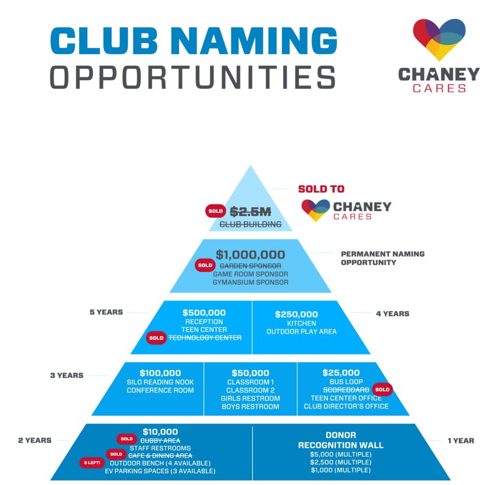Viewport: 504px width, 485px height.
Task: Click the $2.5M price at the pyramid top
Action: click(251, 212)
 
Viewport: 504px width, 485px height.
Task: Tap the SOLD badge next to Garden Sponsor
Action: click(205, 265)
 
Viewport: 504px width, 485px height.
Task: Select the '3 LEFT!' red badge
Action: click(92, 463)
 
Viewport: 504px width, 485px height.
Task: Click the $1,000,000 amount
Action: click(251, 255)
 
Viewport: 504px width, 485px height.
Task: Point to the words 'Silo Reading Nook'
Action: click(160, 382)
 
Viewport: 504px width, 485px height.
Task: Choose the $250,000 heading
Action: click(296, 314)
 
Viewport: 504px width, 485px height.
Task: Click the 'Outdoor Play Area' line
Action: click(301, 332)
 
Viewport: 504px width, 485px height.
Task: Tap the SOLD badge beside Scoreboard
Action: click(382, 389)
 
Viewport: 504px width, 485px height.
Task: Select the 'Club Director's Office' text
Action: click(346, 406)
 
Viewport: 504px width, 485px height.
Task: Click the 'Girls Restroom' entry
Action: click(250, 398)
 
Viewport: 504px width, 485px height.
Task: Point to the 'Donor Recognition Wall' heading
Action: click(341, 440)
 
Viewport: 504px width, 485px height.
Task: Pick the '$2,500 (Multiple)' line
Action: click(341, 462)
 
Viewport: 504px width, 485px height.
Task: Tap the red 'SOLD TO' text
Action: click(321, 189)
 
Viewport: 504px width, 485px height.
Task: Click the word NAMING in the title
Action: click(253, 42)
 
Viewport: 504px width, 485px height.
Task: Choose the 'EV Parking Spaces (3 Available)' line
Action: click(160, 471)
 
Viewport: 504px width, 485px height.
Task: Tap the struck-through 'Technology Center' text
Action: click(205, 338)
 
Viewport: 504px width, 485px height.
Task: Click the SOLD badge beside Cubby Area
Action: click(126, 439)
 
